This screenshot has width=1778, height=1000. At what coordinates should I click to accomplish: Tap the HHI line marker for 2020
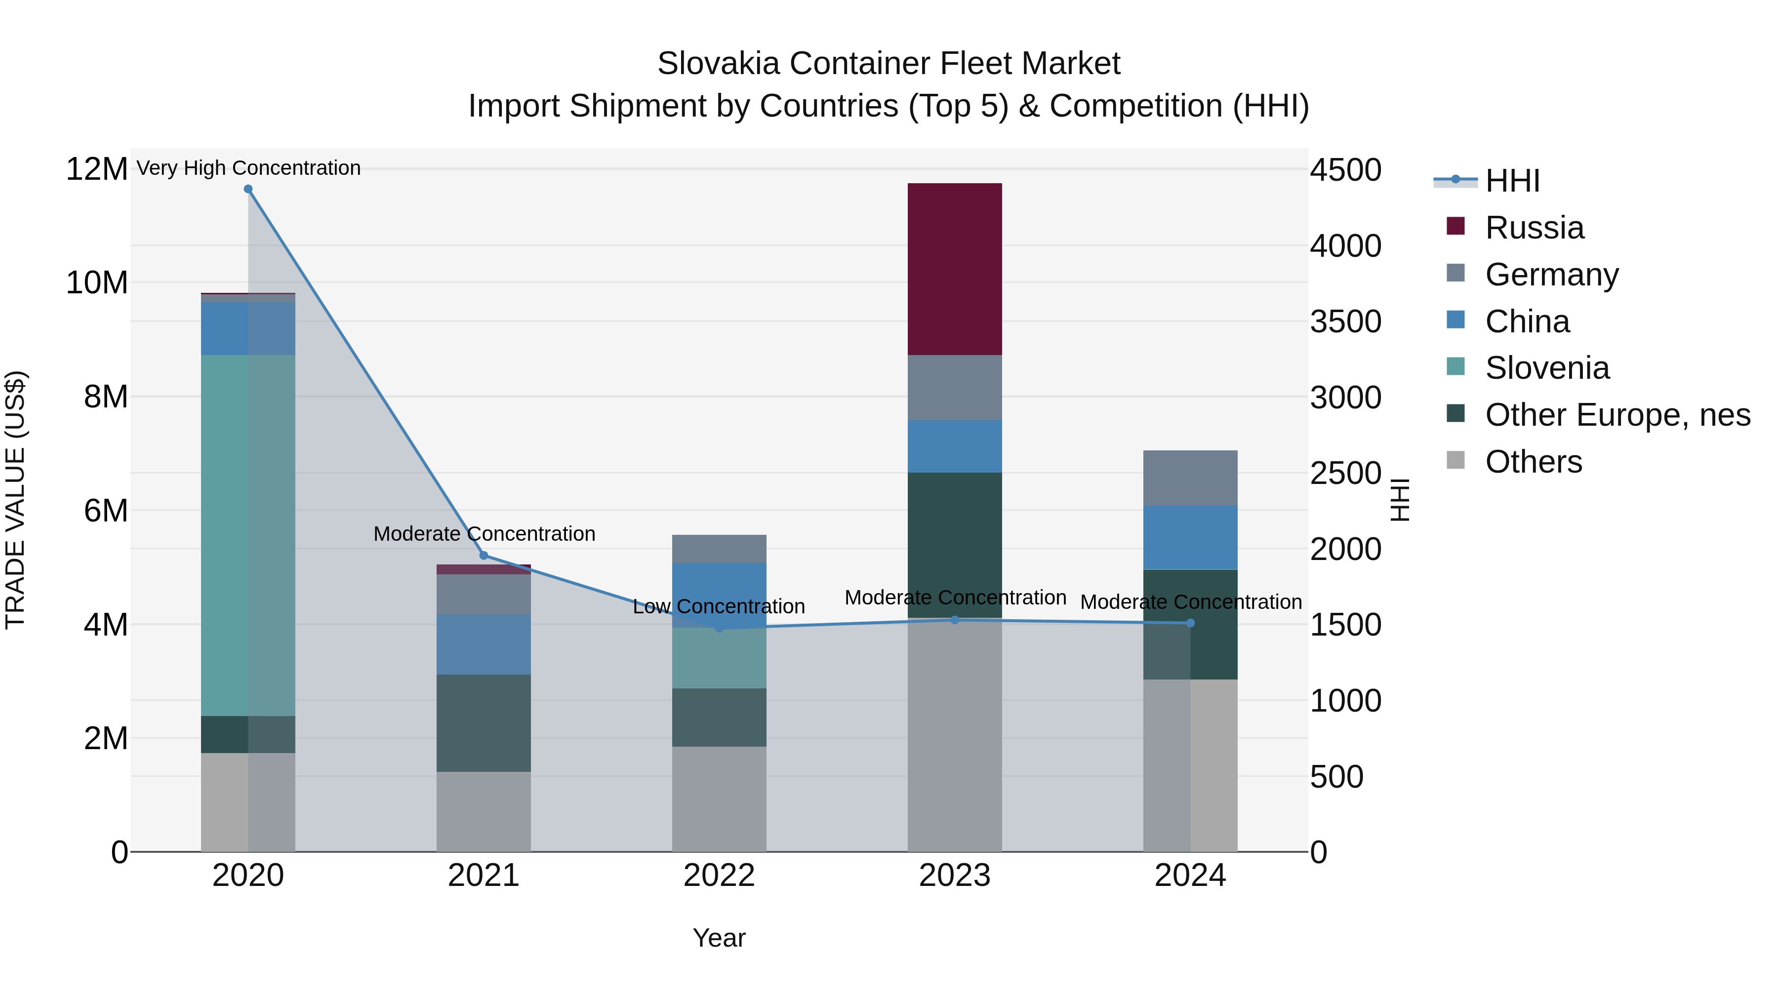[248, 189]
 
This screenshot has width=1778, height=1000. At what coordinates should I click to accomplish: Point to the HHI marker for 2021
[484, 556]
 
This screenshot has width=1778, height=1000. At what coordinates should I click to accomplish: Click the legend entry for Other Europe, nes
[1617, 415]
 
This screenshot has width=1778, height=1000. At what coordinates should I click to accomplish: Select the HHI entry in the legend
[1512, 181]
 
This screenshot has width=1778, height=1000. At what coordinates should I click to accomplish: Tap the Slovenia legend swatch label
[1547, 368]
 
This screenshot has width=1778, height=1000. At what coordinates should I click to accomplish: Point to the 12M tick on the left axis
[97, 169]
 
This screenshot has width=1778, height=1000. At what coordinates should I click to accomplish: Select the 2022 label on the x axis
[719, 876]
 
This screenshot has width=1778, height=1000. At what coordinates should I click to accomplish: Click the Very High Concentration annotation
[248, 168]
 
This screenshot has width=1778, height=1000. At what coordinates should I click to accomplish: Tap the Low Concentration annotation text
[719, 606]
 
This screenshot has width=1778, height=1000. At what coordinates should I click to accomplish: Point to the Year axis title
[719, 938]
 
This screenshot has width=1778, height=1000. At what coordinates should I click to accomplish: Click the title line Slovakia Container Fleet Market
[889, 64]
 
